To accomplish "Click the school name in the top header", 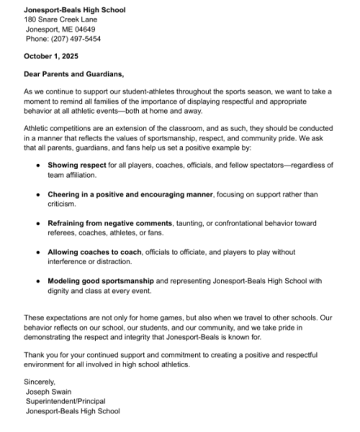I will click(74, 10).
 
